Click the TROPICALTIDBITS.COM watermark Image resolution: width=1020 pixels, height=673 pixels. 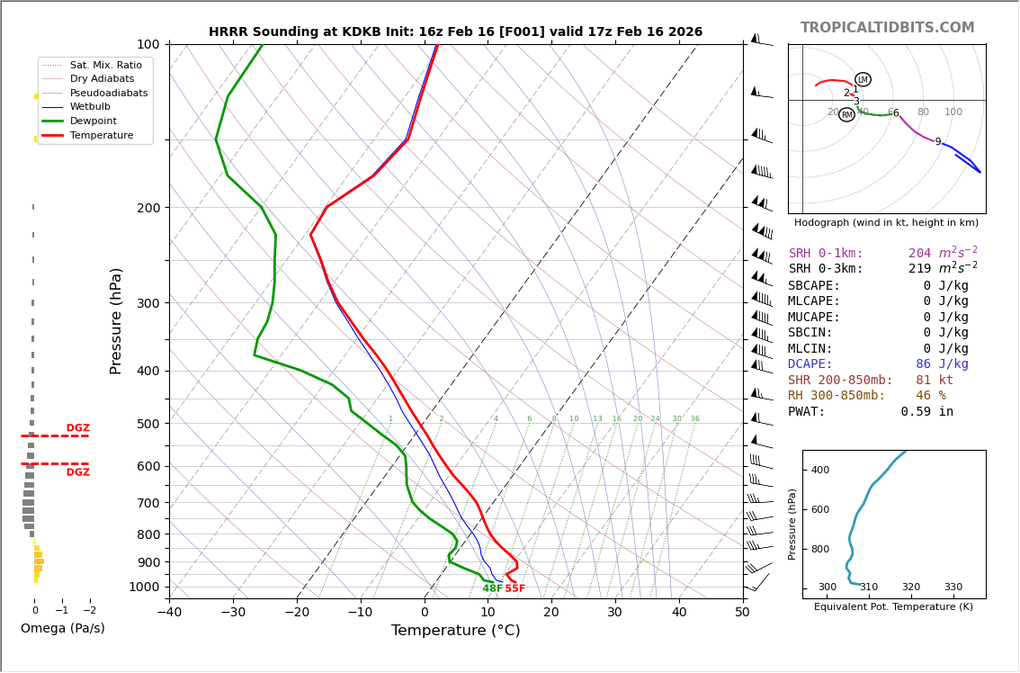(887, 28)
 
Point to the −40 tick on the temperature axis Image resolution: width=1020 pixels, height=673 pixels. (169, 613)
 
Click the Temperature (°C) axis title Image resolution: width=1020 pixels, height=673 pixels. (455, 631)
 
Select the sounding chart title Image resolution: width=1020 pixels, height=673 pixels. (455, 32)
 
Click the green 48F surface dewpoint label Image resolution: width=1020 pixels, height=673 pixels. (492, 589)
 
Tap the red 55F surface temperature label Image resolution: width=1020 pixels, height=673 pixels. (514, 589)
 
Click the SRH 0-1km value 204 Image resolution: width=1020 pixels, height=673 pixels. (919, 254)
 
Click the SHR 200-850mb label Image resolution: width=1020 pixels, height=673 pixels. (840, 381)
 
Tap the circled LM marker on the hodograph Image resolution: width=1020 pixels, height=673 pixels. (863, 79)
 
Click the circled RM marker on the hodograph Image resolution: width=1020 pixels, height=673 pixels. (846, 114)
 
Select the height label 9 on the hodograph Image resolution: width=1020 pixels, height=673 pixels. (937, 142)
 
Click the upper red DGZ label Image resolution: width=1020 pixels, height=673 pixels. (77, 428)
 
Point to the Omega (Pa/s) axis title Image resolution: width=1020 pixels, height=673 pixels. (62, 629)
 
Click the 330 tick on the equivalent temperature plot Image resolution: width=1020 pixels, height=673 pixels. (953, 588)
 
